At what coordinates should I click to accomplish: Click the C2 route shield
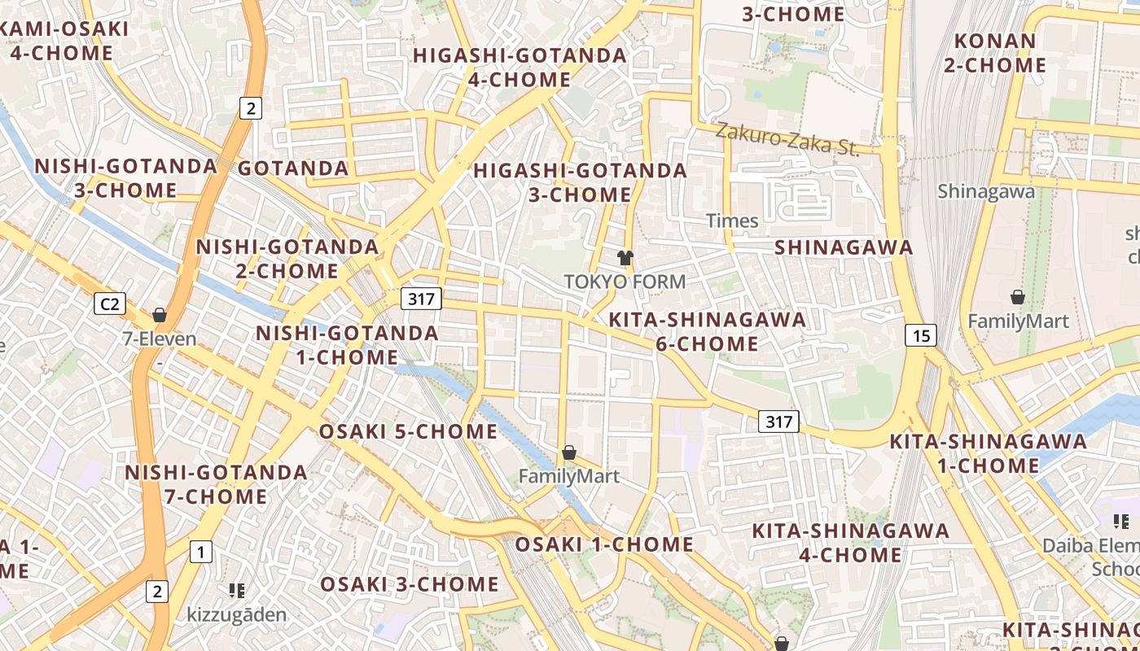point(110,304)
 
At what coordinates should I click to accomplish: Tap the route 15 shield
point(921,334)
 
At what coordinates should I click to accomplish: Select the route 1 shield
point(200,552)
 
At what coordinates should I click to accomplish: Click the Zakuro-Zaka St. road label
point(787,140)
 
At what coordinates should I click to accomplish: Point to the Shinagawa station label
point(986,191)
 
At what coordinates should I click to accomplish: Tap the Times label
point(732,221)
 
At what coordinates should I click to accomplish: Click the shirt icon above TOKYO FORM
point(625,259)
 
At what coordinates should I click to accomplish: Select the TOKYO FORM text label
point(625,282)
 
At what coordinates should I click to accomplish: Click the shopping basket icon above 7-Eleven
point(160,314)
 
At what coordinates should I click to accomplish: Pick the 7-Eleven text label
point(160,338)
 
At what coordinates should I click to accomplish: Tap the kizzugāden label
point(237,614)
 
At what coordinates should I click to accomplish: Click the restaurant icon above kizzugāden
point(237,590)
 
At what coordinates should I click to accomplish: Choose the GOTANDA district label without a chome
point(293,168)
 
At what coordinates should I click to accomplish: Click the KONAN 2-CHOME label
point(994,53)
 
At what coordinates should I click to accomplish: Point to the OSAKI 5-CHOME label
point(408,431)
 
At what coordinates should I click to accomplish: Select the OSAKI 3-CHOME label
point(410,584)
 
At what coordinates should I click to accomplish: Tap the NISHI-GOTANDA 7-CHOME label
point(216,484)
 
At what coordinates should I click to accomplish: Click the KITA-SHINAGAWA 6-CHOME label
point(708,331)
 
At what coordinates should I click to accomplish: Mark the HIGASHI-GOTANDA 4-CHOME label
point(520,68)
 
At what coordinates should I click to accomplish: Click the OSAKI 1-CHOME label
point(605,544)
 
